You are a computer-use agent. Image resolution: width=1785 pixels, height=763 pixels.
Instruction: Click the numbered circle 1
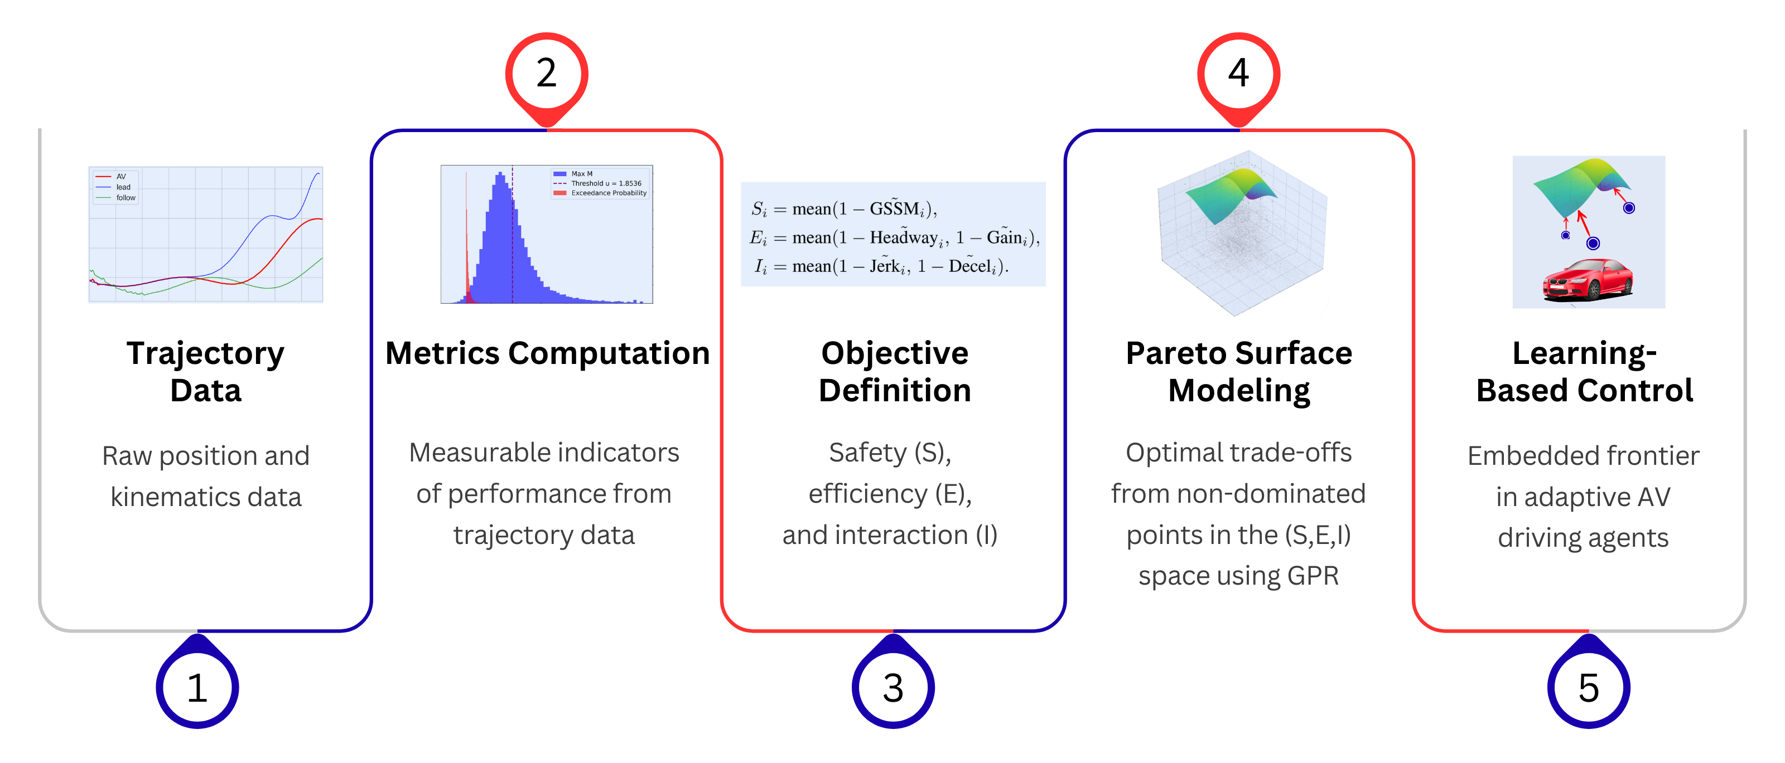coord(197,688)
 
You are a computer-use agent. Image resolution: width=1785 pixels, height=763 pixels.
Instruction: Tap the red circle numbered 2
coord(546,72)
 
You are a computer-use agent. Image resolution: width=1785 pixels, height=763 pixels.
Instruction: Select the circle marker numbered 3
coord(893,688)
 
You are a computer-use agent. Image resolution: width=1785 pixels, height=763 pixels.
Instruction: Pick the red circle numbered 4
coord(1238,72)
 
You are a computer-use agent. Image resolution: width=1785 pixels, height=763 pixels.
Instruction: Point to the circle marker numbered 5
coord(1588,688)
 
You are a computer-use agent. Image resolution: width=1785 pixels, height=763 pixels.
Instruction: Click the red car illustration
coord(1588,280)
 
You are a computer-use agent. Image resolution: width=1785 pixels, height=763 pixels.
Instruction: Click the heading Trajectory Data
coord(206,371)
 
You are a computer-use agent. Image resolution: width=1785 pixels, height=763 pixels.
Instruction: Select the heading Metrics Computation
coord(547,353)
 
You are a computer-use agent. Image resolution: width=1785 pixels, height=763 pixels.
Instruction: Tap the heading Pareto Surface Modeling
coord(1239,371)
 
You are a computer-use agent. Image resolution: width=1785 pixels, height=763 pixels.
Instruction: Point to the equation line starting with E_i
coord(894,237)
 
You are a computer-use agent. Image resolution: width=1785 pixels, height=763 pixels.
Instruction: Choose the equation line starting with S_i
coord(844,208)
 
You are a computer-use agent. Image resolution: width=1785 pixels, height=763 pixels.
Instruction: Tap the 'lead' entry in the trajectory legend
coord(123,187)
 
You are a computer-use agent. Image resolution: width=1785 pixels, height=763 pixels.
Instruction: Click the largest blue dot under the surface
coord(1593,243)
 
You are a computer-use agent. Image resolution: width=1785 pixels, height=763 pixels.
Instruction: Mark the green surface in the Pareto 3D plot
coord(1230,194)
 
